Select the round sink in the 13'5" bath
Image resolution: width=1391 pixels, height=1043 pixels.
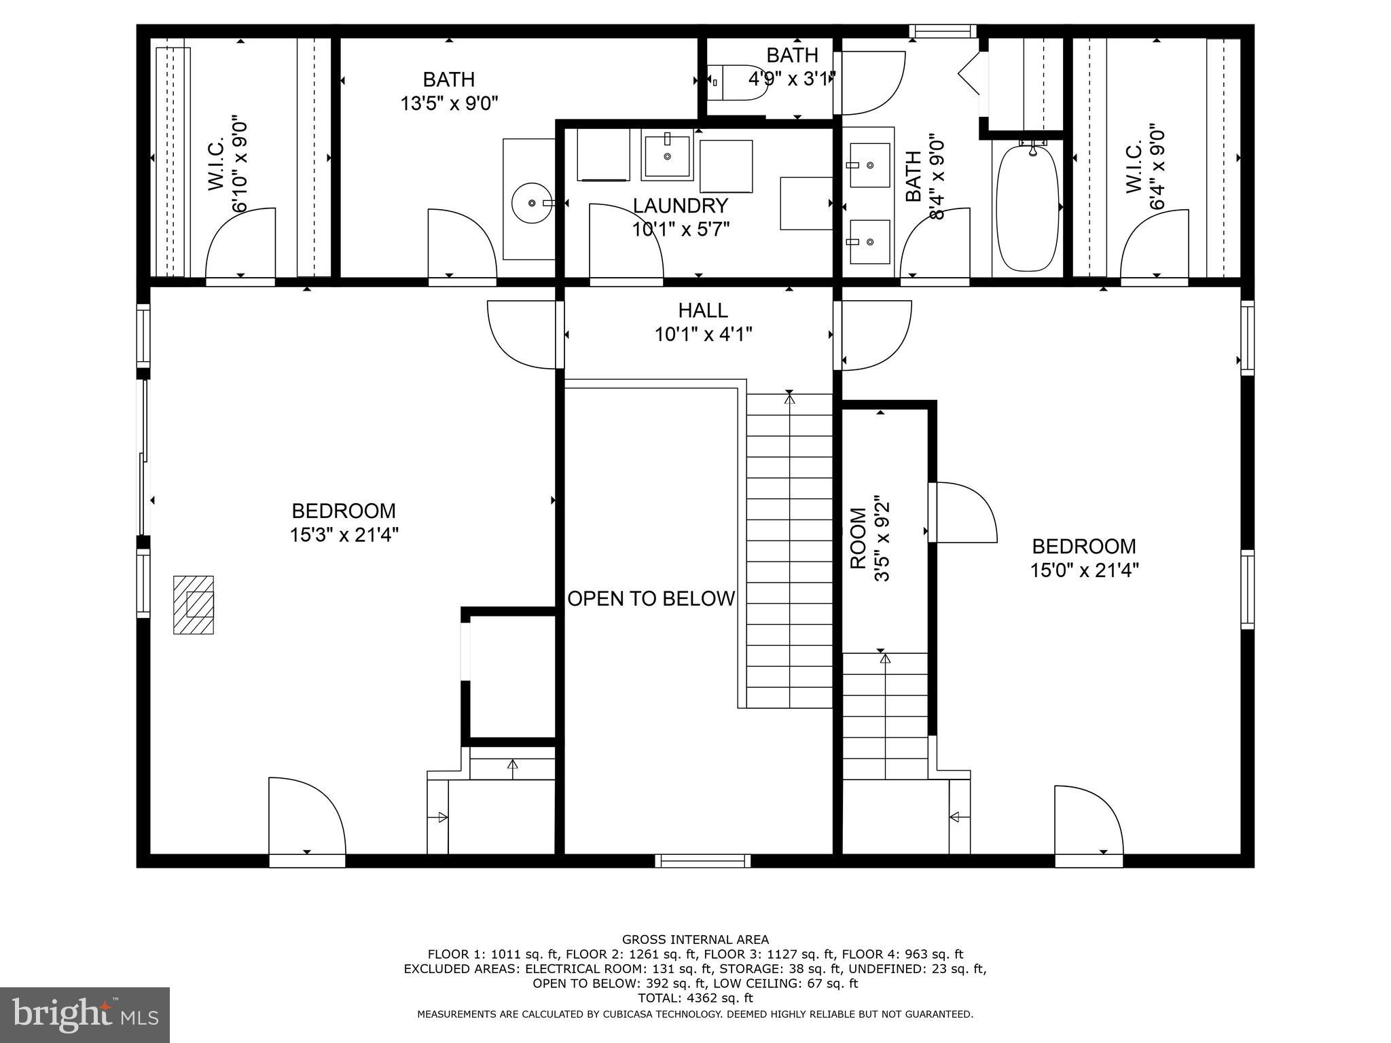click(531, 202)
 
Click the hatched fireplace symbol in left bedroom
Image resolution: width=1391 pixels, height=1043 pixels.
click(194, 605)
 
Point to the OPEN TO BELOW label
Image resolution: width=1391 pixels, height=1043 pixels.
click(651, 599)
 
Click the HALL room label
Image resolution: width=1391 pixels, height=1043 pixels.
click(703, 310)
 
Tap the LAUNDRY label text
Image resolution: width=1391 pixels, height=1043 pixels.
click(681, 205)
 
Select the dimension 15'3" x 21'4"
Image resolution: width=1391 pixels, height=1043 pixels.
click(344, 535)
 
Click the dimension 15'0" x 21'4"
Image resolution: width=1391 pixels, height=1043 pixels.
click(1084, 570)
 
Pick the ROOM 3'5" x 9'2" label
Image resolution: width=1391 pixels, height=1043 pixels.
click(870, 539)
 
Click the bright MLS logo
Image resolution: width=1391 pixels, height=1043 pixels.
click(84, 1015)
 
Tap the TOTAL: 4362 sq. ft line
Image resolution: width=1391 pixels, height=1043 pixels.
click(695, 998)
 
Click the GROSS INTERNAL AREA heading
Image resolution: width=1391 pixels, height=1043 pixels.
click(695, 939)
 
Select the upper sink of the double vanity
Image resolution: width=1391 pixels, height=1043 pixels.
click(869, 165)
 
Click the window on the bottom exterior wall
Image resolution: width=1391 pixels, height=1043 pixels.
click(702, 861)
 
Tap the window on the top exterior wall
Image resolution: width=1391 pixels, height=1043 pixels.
click(943, 31)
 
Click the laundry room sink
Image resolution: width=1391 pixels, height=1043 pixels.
click(667, 156)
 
